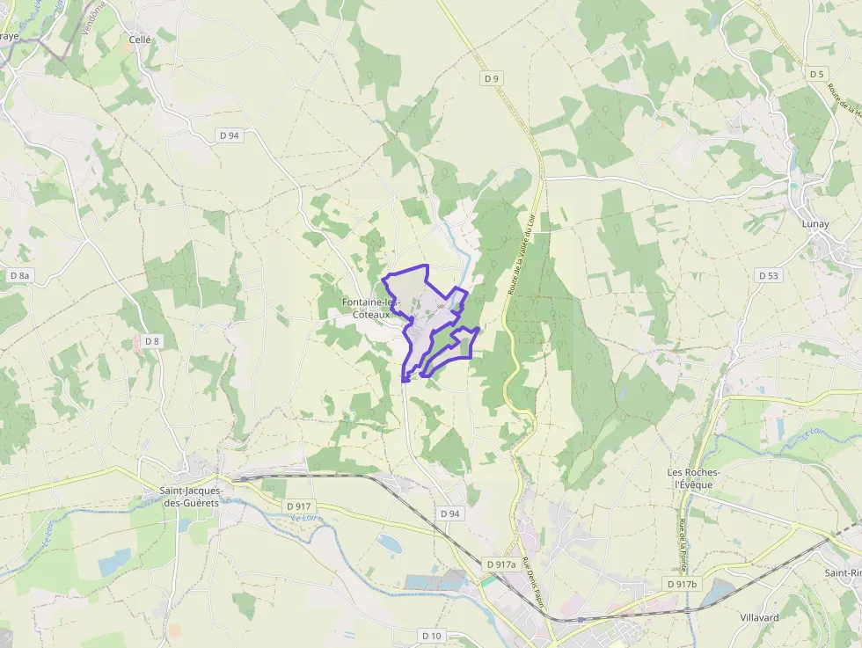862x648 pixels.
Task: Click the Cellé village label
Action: [141, 40]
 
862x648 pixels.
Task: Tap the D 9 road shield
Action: [492, 79]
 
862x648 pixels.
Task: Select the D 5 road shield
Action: [818, 74]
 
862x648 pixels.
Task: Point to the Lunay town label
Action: [815, 224]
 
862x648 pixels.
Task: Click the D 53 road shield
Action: [769, 275]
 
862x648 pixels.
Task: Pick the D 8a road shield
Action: [19, 275]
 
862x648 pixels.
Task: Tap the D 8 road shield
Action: [152, 341]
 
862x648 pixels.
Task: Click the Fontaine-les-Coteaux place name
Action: [371, 308]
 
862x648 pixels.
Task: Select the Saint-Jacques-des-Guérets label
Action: [191, 497]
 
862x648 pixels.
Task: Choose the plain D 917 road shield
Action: [299, 506]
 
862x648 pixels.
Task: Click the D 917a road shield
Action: [500, 564]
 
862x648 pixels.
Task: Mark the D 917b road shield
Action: [682, 585]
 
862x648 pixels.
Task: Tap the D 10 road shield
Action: [431, 636]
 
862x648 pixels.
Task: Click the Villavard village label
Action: [759, 617]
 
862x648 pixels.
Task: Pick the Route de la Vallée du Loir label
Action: [522, 255]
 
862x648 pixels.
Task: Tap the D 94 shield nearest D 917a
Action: [449, 513]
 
